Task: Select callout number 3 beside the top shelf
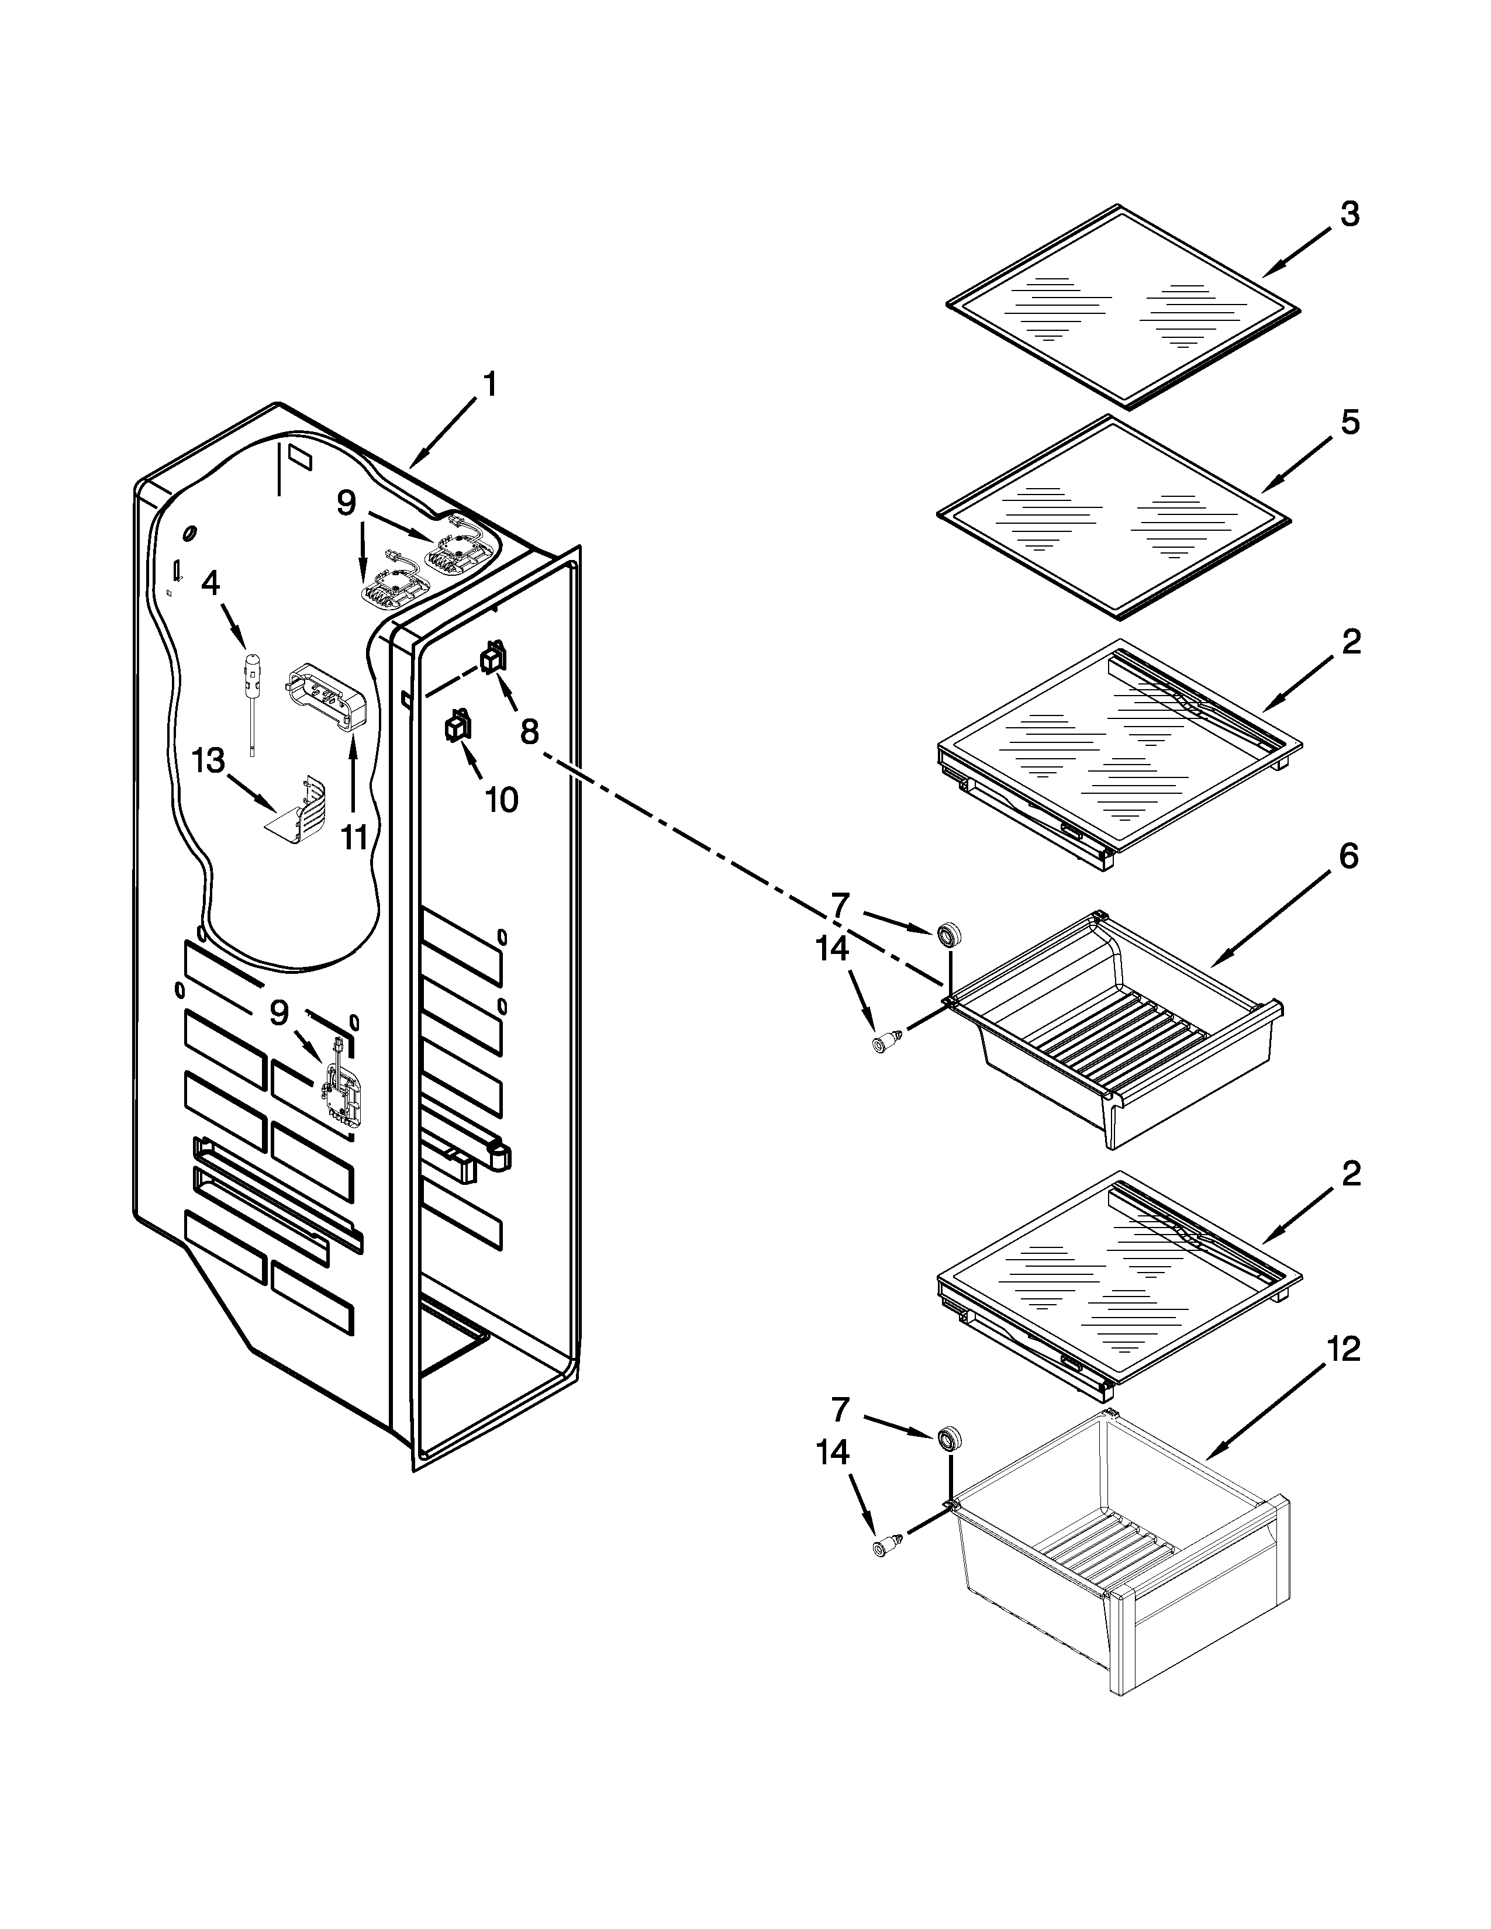pos(1350,214)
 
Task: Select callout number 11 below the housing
pos(354,835)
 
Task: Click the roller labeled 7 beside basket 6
pos(950,934)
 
